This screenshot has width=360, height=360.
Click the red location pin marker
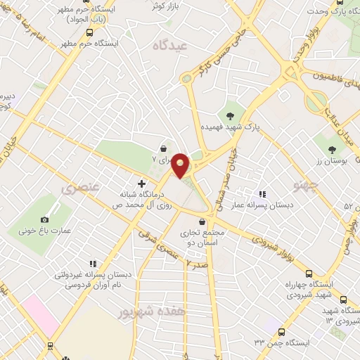tap(181, 165)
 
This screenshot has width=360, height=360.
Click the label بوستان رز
tap(334, 161)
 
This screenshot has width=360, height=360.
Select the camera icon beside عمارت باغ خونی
tap(46, 219)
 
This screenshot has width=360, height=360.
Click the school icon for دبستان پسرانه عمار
tap(262, 194)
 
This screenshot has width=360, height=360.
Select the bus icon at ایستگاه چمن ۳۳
tap(281, 331)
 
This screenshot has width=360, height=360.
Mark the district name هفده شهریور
tap(153, 310)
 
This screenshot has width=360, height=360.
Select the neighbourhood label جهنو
tap(307, 186)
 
